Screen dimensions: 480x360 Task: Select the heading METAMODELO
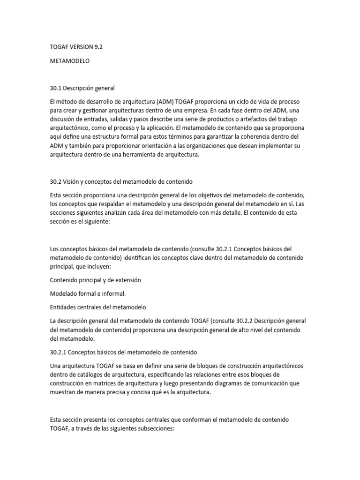(69, 61)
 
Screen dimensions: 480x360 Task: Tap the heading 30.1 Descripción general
(82, 88)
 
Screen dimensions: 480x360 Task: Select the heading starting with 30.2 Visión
(121, 181)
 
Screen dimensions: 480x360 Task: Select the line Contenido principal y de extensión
(95, 280)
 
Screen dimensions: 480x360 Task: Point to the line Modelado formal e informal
(88, 293)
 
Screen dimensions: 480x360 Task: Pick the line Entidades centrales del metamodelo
(98, 307)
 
